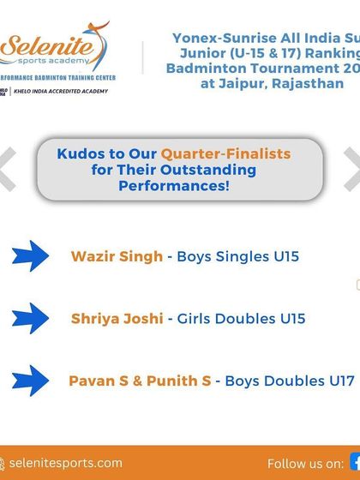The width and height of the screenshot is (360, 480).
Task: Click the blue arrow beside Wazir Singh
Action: click(32, 255)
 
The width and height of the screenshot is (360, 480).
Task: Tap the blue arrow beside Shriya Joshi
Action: click(32, 318)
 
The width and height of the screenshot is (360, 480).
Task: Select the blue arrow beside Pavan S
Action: click(32, 381)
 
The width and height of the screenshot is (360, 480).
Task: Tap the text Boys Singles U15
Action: click(237, 255)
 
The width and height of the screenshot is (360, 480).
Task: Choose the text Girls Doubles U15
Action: click(241, 319)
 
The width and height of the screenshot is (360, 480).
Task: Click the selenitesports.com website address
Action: click(67, 464)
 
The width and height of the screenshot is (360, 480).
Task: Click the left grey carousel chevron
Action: click(7, 169)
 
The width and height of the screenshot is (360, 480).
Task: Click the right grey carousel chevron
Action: click(352, 169)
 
